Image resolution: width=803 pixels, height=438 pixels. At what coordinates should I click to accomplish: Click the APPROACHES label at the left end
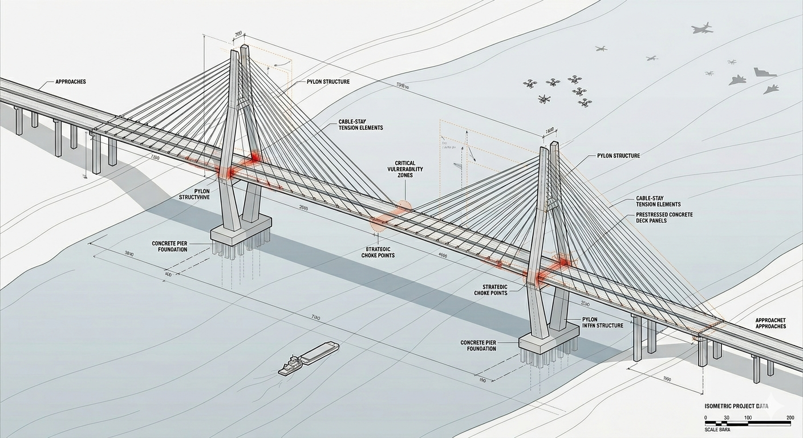coord(71,82)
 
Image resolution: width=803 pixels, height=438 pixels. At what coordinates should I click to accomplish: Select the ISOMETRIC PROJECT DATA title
coord(736,406)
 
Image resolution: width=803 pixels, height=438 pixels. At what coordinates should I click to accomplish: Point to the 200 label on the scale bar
coord(790,418)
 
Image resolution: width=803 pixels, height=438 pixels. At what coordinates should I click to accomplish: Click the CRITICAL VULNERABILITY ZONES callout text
coord(405,169)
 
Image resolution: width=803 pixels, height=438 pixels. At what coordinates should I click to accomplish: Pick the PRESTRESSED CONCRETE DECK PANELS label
coord(664,217)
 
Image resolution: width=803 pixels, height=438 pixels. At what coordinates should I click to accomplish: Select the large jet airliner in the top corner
coord(702,29)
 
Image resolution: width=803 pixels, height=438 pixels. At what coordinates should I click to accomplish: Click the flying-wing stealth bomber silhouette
coord(765,72)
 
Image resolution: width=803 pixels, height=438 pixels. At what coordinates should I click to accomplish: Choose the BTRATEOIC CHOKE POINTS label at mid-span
coord(378,252)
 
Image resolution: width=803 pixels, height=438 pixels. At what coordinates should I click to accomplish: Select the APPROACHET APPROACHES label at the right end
coord(770,323)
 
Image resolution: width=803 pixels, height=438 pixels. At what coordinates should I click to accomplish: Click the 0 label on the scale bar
coord(706,418)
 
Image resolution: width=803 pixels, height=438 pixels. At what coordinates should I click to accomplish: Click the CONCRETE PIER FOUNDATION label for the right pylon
coord(478,346)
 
